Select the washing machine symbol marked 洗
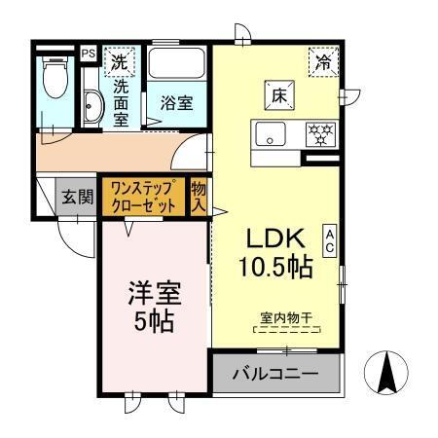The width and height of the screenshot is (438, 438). pos(119,60)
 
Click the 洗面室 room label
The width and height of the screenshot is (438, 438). pos(122,101)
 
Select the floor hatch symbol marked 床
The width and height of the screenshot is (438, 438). pos(276,96)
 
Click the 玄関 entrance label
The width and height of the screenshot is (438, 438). pos(78,198)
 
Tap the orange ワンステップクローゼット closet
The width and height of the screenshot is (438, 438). pos(142,196)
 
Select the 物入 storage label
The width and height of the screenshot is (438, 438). pos(199,197)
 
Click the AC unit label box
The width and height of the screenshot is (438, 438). pos(329,239)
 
